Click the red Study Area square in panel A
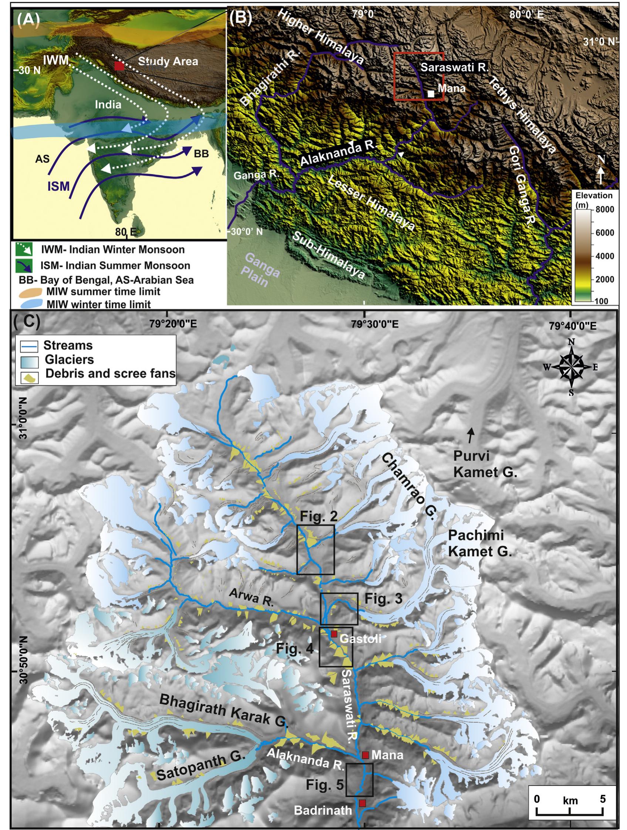click(119, 66)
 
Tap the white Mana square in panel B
click(432, 94)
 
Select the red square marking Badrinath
click(362, 800)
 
